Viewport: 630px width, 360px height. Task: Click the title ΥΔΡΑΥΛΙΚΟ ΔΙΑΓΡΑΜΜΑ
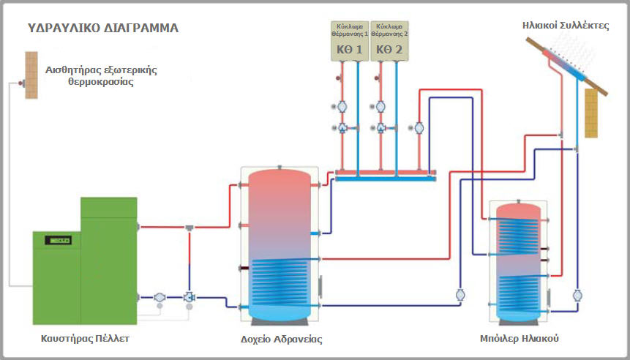(x=103, y=28)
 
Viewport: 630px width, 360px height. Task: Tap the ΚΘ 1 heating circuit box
(x=350, y=41)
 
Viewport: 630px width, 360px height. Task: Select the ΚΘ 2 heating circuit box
(x=389, y=41)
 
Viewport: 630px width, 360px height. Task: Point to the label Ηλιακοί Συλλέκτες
(x=566, y=26)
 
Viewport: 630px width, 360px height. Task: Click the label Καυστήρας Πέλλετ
(x=85, y=338)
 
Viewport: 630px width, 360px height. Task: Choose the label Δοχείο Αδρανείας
(x=281, y=339)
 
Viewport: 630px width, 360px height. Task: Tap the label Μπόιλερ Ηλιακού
(x=519, y=338)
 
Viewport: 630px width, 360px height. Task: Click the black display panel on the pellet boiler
(x=59, y=240)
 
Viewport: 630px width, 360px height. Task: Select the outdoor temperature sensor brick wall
(x=31, y=75)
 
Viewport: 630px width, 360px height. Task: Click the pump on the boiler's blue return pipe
(x=160, y=297)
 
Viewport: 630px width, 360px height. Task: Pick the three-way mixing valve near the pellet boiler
(x=190, y=297)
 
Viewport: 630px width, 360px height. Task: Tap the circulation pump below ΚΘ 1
(x=342, y=107)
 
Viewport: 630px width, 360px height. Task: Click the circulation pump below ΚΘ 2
(x=380, y=107)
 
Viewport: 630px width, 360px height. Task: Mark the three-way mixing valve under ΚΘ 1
(x=342, y=128)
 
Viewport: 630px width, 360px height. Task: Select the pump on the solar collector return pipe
(x=577, y=296)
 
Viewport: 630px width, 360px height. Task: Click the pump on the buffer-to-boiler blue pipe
(x=460, y=296)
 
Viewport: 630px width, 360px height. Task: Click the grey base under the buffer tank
(x=280, y=321)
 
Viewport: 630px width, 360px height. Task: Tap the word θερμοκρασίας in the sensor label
(x=101, y=83)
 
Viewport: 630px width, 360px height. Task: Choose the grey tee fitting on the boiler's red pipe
(x=190, y=228)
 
